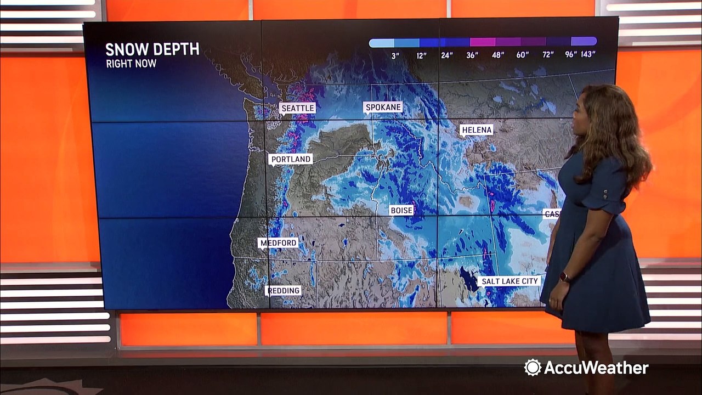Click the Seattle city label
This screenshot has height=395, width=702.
coord(298,108)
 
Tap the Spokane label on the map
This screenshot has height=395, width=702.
coord(383,107)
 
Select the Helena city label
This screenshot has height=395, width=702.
coord(476,130)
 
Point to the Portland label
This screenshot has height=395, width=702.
coord(291,159)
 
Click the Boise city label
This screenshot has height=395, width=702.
coord(401,210)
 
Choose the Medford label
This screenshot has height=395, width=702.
coord(279,242)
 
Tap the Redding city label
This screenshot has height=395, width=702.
coord(284,290)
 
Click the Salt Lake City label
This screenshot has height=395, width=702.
coord(509,281)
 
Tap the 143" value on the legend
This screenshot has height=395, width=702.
coord(588,54)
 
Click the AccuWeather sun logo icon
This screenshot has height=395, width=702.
coord(532,368)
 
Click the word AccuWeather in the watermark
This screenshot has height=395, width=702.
coord(596,368)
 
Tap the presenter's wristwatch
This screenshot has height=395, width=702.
coord(565,278)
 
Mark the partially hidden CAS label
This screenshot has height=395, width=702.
coord(551,213)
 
